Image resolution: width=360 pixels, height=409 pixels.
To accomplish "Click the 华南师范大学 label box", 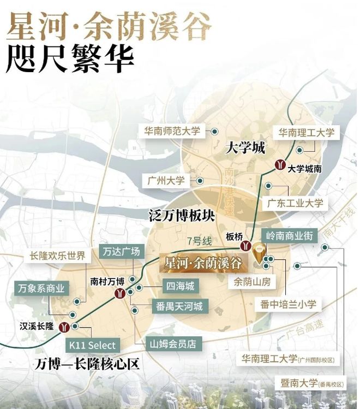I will (172, 132).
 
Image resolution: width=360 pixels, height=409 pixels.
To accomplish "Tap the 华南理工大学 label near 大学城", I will (306, 133).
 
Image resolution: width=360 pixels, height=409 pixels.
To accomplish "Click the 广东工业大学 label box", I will (295, 203).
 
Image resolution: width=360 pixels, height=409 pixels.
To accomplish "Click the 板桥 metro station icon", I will (247, 247).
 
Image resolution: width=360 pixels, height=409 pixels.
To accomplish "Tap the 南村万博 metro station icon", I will (119, 294).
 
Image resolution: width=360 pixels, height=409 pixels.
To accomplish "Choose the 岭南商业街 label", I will (289, 236).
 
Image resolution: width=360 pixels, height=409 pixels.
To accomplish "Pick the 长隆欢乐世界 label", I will (58, 256).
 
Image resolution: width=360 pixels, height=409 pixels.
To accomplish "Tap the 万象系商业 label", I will (41, 288).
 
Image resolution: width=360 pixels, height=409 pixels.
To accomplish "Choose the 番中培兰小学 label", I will (289, 304).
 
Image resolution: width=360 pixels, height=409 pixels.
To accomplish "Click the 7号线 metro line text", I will (199, 240).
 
